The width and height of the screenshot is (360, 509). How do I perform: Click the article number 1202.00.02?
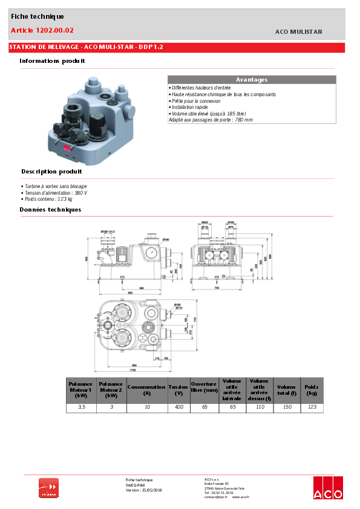tap(42, 30)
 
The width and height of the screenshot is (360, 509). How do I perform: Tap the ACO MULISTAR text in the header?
tap(298, 32)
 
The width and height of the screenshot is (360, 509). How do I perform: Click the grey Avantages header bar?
tap(251, 79)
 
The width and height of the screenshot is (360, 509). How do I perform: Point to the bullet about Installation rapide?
tap(189, 107)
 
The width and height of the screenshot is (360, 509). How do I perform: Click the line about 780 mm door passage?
tap(211, 120)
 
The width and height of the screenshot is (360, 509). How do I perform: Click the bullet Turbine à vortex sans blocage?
tap(54, 186)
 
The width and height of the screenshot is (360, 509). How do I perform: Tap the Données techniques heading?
tap(50, 210)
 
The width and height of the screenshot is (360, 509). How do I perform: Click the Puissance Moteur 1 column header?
tap(80, 390)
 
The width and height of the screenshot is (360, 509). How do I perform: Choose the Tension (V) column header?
tap(178, 390)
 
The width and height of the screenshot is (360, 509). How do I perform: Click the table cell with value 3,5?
tap(80, 408)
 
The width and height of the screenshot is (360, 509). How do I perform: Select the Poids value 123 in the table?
tap(312, 408)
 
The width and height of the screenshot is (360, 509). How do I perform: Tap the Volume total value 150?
tap(286, 408)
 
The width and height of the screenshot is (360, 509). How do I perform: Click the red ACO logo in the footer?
tap(327, 487)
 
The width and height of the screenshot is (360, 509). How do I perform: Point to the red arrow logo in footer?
tap(48, 487)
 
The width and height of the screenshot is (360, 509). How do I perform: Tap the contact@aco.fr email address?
tap(215, 496)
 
